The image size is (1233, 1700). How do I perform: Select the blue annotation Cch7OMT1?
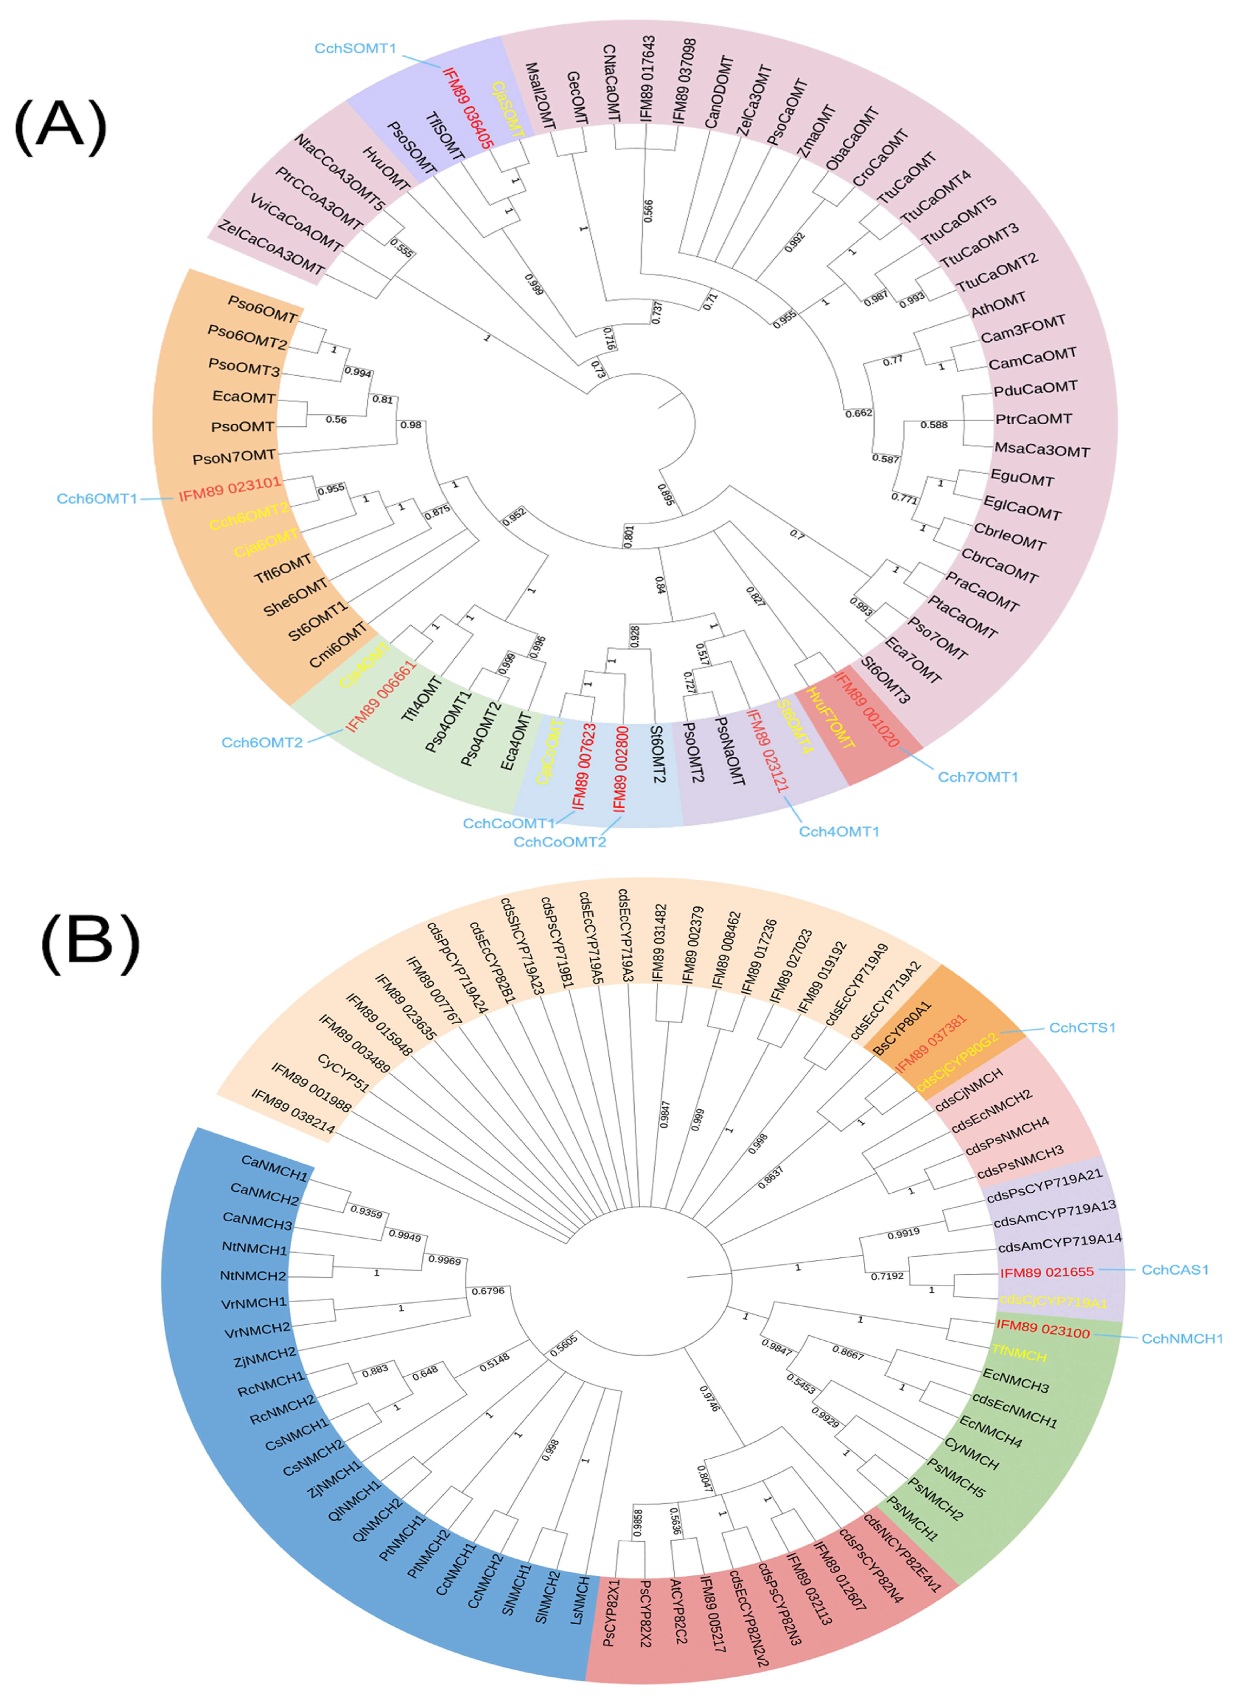click(977, 777)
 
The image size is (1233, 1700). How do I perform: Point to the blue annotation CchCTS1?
click(1081, 1028)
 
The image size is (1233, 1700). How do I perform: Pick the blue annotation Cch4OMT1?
click(839, 831)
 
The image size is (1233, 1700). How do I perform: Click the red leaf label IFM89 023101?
click(229, 490)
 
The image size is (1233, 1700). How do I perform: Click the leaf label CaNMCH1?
click(274, 1167)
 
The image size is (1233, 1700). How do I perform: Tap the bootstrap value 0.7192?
click(887, 1276)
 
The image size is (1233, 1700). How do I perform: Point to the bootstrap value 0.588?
click(934, 425)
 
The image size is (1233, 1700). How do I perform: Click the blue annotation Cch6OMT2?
click(261, 743)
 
